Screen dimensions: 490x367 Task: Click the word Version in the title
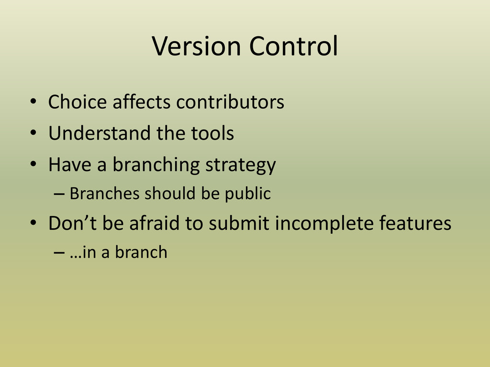(196, 46)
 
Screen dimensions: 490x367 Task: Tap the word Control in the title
(293, 46)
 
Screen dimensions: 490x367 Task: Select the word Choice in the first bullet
(78, 102)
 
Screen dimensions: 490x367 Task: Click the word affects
(142, 102)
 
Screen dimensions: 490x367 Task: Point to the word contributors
(230, 102)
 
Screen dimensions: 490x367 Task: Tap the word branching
(156, 165)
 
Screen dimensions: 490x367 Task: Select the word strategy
(241, 165)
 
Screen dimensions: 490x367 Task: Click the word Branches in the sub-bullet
(104, 193)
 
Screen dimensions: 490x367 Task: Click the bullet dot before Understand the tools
(33, 133)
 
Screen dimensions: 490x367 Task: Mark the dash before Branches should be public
(59, 194)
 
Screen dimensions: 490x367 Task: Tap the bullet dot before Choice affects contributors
(33, 101)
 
